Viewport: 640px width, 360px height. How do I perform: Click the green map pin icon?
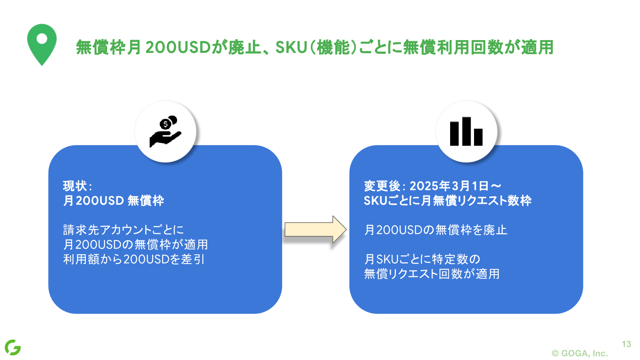(42, 43)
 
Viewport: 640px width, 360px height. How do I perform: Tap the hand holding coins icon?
(165, 131)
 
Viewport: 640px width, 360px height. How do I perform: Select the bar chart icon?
(466, 131)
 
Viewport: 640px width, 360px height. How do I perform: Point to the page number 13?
(626, 344)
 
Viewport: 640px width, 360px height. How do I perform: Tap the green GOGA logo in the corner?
(13, 347)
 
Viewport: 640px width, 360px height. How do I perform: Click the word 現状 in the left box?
(75, 186)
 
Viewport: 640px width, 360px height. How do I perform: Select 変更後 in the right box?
(381, 186)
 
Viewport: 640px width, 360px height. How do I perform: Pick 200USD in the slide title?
(178, 47)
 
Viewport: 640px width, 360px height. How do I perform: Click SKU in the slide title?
(291, 47)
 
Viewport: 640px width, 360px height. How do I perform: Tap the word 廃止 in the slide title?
(244, 47)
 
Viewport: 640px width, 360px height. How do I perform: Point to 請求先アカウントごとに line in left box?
(123, 230)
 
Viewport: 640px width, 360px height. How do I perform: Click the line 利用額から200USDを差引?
(134, 259)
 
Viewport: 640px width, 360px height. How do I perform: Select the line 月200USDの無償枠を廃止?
(435, 230)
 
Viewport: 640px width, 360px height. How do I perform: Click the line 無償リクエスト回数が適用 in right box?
(431, 273)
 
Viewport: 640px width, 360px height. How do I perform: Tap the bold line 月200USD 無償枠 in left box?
(113, 200)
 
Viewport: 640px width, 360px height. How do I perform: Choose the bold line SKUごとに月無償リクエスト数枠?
(447, 200)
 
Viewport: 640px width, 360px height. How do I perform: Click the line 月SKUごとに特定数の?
(422, 259)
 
